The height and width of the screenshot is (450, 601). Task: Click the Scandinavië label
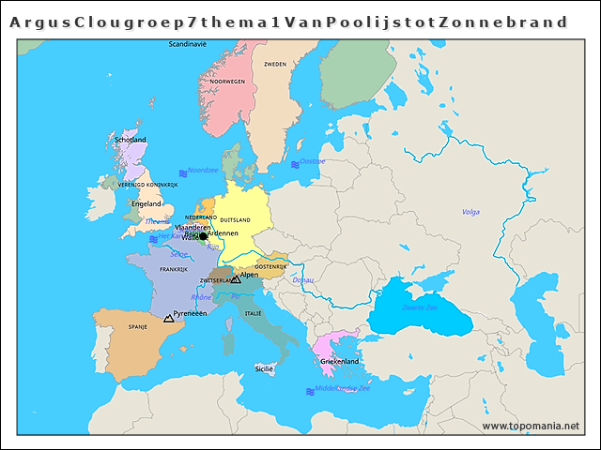188,44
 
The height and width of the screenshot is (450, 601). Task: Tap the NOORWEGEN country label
227,82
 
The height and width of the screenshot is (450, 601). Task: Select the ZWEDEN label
275,65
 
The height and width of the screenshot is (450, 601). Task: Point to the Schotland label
131,140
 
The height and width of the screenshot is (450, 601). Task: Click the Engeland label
146,203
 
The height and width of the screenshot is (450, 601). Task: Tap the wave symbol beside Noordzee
180,171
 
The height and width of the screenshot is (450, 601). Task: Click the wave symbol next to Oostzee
295,164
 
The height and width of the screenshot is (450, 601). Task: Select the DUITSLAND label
235,219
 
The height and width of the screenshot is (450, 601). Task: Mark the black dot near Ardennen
203,236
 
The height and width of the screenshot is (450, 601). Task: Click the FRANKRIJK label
174,269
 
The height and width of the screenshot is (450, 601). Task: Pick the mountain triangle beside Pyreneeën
169,319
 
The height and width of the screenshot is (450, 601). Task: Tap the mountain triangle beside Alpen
236,279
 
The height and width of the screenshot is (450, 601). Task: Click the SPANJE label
138,327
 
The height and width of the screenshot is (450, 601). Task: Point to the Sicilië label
264,369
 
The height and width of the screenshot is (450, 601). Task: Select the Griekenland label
340,361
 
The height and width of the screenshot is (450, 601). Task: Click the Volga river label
471,212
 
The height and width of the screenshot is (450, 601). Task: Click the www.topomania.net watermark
531,426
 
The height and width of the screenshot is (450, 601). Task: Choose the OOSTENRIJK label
270,267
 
